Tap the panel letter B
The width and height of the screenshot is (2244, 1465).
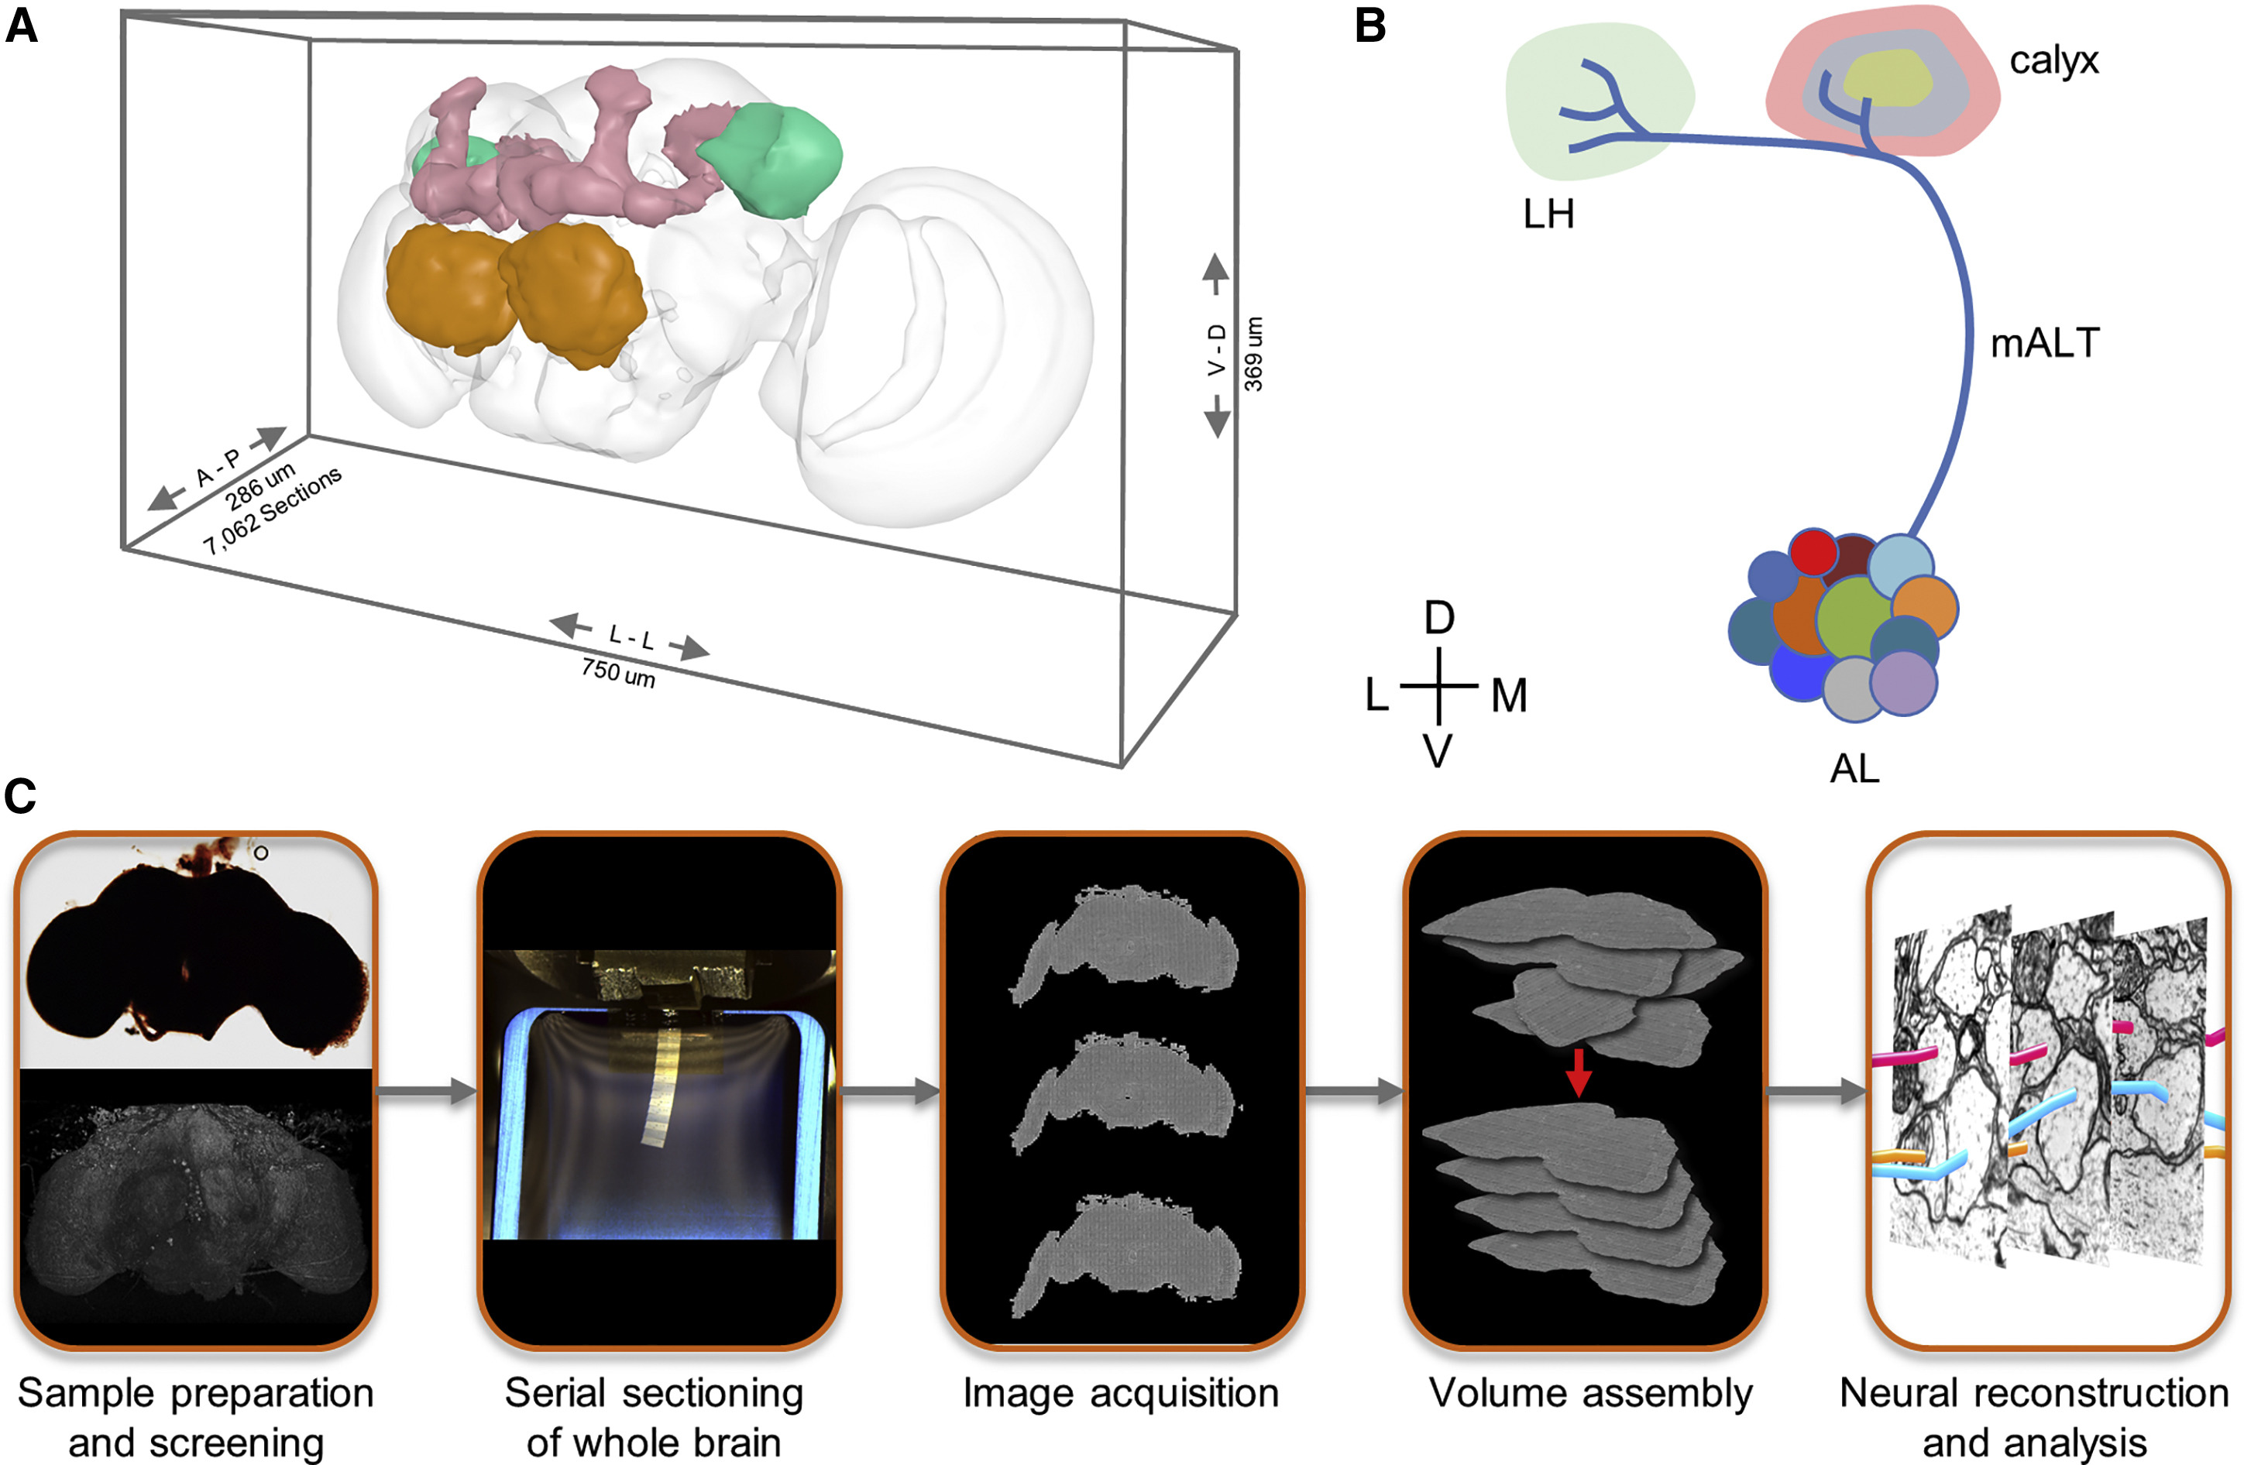click(1370, 26)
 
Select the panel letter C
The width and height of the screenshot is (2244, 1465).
click(21, 797)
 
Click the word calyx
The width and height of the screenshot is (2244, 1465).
click(2053, 61)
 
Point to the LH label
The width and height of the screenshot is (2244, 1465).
click(1548, 215)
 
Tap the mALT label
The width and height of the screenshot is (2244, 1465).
click(2044, 343)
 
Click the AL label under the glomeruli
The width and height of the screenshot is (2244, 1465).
click(1854, 769)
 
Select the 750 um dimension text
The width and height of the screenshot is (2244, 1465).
click(617, 672)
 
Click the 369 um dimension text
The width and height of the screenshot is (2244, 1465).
click(1253, 355)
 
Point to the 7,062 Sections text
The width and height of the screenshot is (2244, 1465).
click(272, 510)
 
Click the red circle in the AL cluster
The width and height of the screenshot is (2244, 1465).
click(1813, 552)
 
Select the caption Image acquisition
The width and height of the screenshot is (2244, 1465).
click(1120, 1393)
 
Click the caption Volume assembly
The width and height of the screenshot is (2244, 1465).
click(1589, 1393)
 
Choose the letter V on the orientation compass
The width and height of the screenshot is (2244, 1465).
click(1438, 751)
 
